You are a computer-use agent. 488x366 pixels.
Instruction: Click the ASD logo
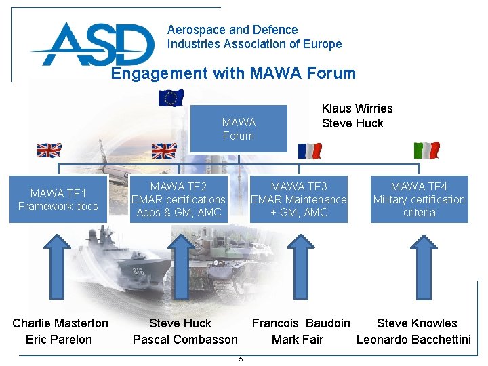[x=91, y=44]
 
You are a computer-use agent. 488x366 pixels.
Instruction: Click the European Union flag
[x=171, y=98]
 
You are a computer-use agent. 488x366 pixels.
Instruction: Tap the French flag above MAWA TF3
[x=310, y=150]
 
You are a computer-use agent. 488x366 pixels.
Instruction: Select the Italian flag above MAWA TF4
[x=426, y=150]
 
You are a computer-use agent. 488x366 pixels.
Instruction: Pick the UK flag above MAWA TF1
[x=49, y=150]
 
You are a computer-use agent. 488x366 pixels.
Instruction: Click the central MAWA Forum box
[x=239, y=129]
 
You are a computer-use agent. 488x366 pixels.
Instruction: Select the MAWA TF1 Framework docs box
[x=58, y=199]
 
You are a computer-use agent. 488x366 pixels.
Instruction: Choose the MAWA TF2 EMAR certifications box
[x=178, y=199]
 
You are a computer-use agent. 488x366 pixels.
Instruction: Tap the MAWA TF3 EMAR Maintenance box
[x=299, y=199]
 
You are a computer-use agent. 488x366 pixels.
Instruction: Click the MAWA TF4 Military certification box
[x=419, y=199]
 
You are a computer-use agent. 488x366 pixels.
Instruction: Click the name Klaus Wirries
[x=357, y=108]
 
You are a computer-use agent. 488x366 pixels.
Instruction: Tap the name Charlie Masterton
[x=60, y=323]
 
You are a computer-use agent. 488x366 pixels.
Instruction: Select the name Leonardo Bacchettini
[x=413, y=340]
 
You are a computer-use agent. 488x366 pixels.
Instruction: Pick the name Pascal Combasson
[x=185, y=340]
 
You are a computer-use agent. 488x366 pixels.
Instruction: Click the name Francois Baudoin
[x=302, y=323]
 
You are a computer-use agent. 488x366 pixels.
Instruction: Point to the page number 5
[x=241, y=359]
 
